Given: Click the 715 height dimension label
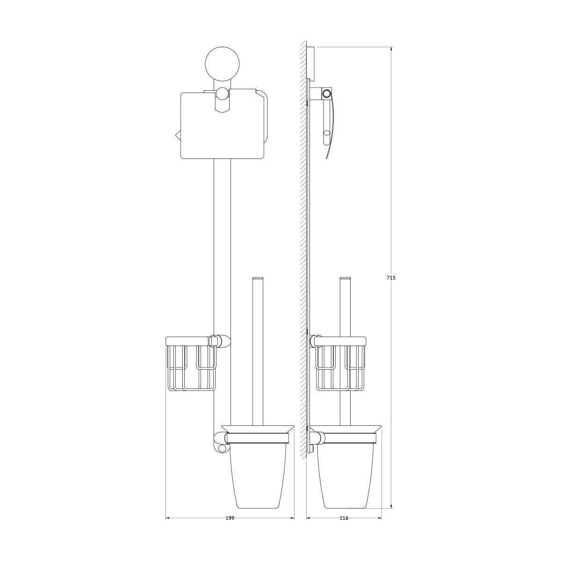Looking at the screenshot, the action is point(391,278).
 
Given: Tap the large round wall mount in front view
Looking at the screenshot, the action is point(222,64).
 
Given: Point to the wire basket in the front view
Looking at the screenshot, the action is point(191,364).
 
